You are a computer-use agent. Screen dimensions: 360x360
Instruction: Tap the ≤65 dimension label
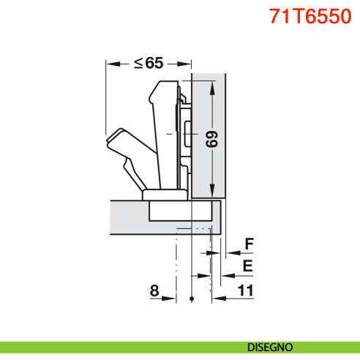(149, 63)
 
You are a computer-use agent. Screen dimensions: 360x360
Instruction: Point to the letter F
(248, 244)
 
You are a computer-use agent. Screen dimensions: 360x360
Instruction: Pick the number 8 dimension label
(154, 290)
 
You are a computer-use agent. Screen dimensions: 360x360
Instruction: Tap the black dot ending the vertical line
(191, 299)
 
